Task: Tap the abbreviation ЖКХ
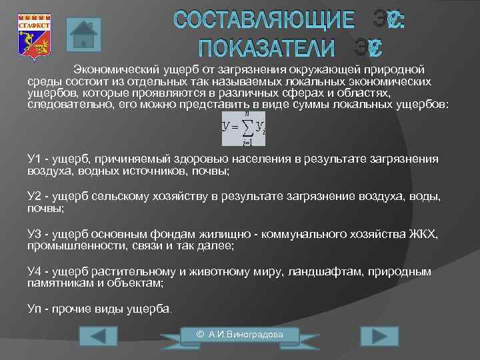click(423, 235)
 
